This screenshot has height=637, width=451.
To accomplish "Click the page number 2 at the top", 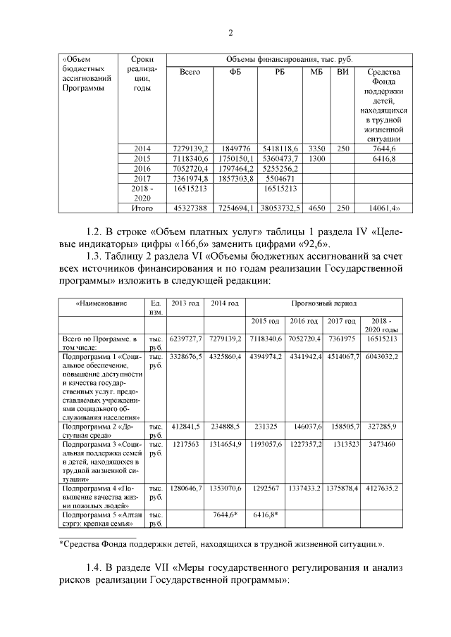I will click(x=230, y=34).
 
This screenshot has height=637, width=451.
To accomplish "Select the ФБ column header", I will click(x=235, y=72).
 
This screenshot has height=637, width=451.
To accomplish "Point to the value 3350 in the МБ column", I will click(x=316, y=149).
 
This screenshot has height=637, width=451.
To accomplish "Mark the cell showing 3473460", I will click(x=382, y=445).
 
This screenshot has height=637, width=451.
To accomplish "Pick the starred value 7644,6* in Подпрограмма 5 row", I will click(x=225, y=515).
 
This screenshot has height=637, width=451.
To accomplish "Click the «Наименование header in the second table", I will click(x=101, y=303).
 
